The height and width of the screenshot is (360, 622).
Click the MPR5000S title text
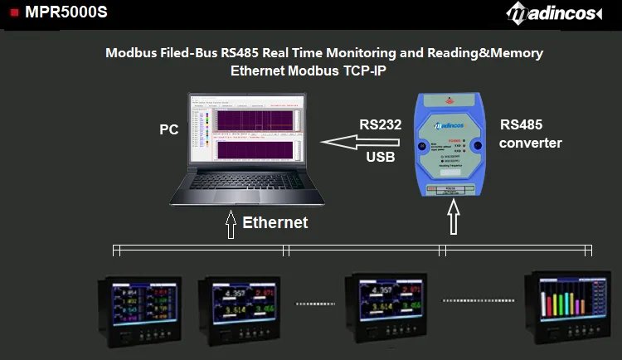click(66, 12)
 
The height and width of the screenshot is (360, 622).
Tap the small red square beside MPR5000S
click(14, 12)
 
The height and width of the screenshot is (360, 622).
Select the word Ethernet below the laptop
click(275, 222)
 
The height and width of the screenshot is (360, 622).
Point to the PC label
click(169, 130)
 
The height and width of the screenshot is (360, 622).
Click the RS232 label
click(381, 125)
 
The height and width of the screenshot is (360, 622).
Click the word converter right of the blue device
click(531, 143)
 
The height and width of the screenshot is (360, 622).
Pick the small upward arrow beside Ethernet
click(230, 224)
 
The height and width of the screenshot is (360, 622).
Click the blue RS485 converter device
click(451, 145)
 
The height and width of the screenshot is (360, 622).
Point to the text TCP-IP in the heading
click(366, 71)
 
